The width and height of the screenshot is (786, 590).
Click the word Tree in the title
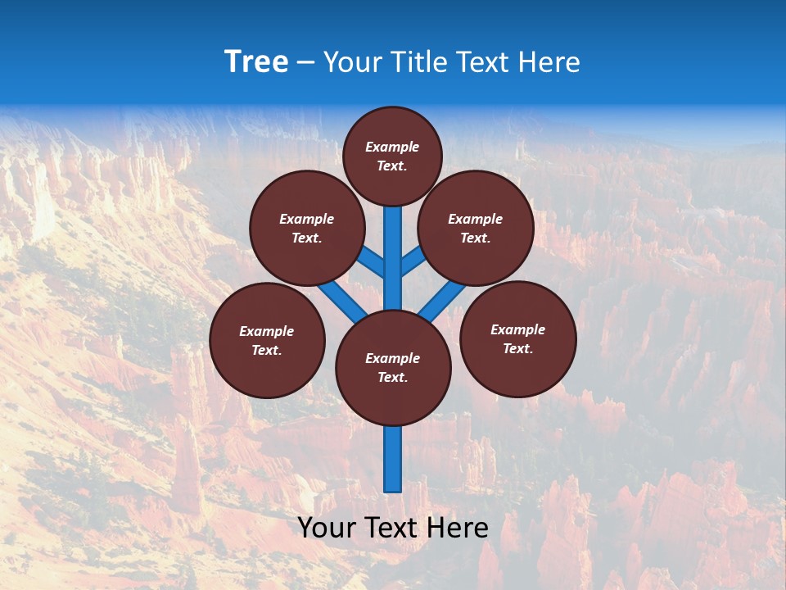256,62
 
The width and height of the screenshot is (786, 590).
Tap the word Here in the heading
549,62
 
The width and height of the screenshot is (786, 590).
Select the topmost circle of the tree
392,156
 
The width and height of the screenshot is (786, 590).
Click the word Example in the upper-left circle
306,219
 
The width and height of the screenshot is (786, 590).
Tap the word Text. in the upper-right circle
475,238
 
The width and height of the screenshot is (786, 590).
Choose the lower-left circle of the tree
267,340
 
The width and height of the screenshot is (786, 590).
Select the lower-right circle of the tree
517,338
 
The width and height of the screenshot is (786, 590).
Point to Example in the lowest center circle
392,358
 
